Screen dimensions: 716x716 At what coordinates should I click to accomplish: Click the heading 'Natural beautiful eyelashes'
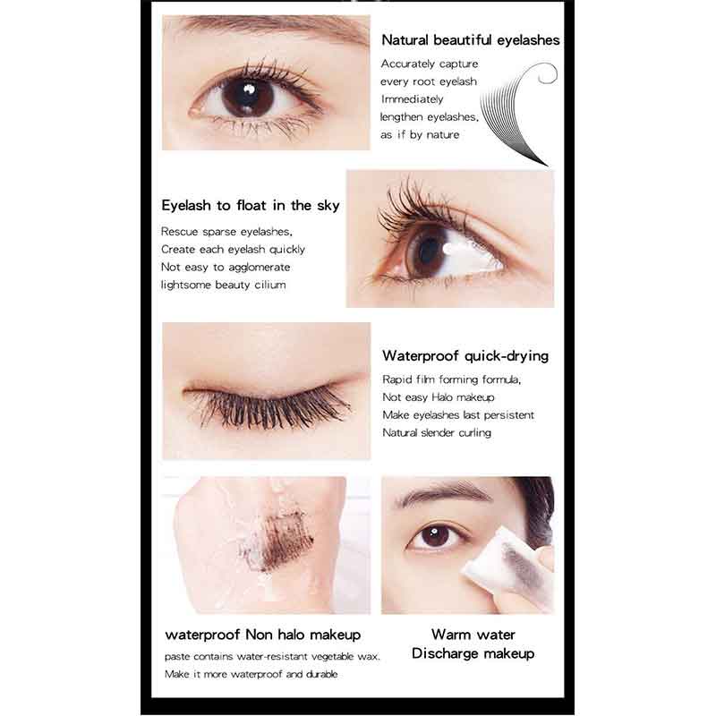tap(470, 40)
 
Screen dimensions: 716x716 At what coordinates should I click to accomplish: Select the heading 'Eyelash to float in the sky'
tap(251, 206)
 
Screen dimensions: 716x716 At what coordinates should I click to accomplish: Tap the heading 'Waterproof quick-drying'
tap(465, 355)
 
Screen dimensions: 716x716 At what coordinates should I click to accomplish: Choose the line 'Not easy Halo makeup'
tap(438, 397)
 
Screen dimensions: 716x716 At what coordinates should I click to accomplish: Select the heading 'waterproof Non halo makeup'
tap(263, 635)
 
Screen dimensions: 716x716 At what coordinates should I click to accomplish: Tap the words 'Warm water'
tap(473, 635)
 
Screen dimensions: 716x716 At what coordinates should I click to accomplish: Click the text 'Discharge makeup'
tap(473, 654)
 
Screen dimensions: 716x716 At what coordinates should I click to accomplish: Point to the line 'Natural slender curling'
tap(437, 433)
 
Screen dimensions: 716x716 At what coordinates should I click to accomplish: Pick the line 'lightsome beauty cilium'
tap(224, 285)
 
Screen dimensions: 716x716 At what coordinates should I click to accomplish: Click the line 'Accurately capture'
tap(430, 64)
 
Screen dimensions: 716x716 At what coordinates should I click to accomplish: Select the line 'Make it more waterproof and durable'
tap(251, 674)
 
